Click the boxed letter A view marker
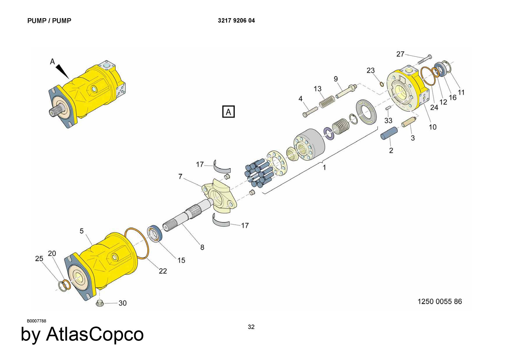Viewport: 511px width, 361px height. point(228,112)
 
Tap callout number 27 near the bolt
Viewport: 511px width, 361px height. point(400,54)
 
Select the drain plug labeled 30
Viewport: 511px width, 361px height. point(99,303)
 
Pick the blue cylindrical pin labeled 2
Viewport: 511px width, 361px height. point(389,133)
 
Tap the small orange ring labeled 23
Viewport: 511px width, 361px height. point(382,84)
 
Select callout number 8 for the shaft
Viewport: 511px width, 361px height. point(202,247)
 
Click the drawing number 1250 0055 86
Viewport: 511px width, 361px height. point(439,302)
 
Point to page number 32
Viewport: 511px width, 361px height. point(251,327)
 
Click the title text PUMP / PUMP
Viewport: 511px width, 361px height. point(49,21)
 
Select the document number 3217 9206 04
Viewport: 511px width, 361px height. point(236,21)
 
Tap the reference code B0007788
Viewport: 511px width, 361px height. point(37,321)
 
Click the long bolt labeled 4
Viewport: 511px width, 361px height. point(310,112)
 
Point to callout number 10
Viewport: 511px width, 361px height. point(432,127)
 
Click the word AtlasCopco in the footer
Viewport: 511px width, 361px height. point(95,334)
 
